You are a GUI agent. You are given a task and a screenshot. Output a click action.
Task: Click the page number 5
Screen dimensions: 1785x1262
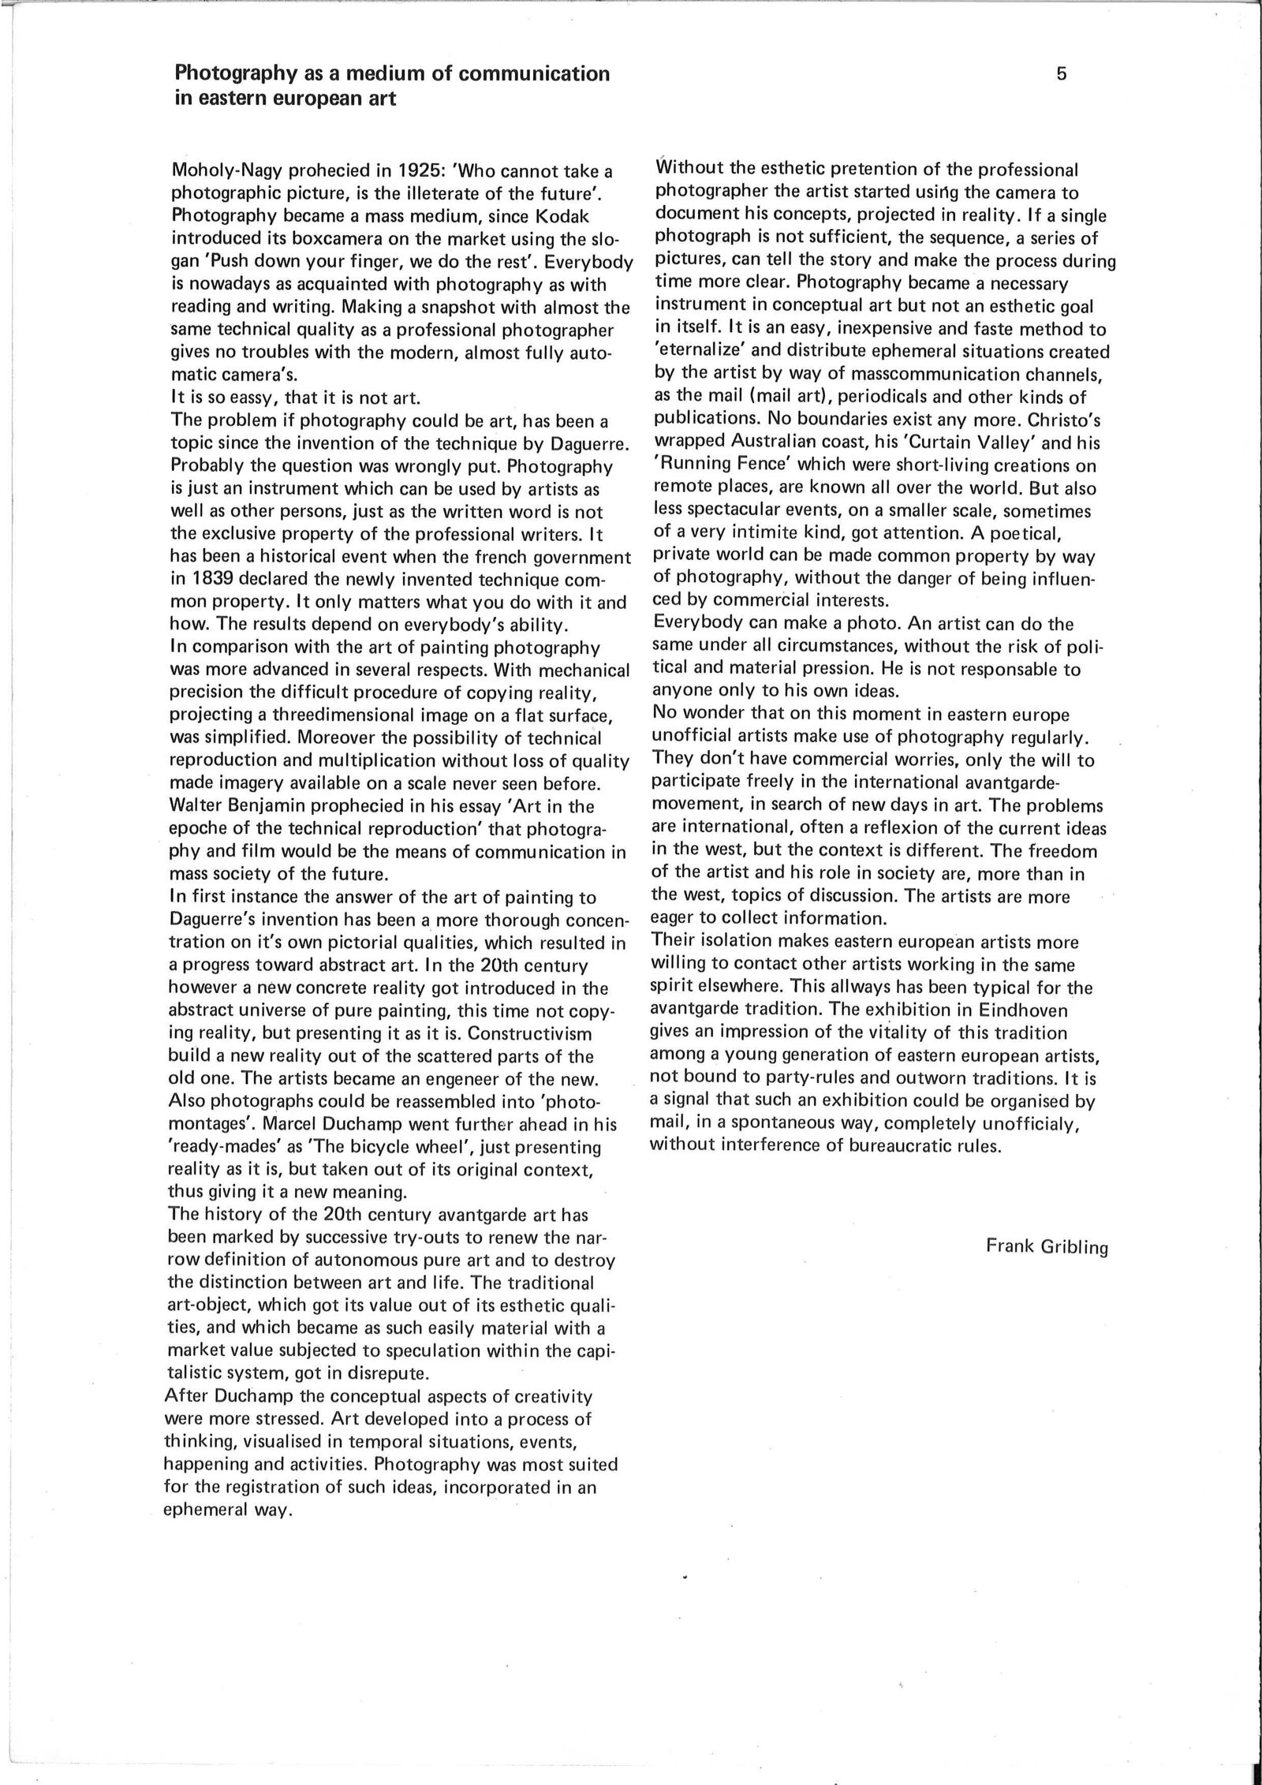(x=1061, y=74)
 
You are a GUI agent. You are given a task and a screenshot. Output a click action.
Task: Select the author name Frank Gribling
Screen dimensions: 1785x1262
(x=1047, y=1247)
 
